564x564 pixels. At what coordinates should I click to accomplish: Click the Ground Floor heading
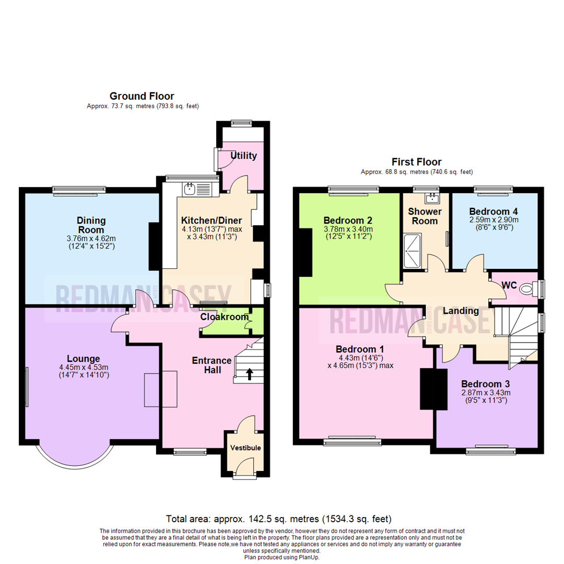click(142, 96)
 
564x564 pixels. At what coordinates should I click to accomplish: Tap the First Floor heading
click(417, 162)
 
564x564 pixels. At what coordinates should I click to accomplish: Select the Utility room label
click(243, 156)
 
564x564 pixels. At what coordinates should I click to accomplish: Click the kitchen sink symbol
click(189, 187)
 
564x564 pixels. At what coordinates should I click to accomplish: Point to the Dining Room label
click(91, 225)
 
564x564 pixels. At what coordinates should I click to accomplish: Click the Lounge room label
click(84, 359)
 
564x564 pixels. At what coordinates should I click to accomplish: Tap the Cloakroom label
click(217, 316)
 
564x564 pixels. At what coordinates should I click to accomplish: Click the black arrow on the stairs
click(249, 373)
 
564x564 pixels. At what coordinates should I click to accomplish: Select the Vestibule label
click(245, 448)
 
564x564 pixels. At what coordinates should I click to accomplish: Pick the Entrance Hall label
click(211, 365)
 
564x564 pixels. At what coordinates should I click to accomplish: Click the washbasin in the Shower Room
click(432, 198)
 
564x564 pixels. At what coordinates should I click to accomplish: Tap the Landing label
click(461, 311)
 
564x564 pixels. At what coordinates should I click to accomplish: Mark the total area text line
click(278, 519)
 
